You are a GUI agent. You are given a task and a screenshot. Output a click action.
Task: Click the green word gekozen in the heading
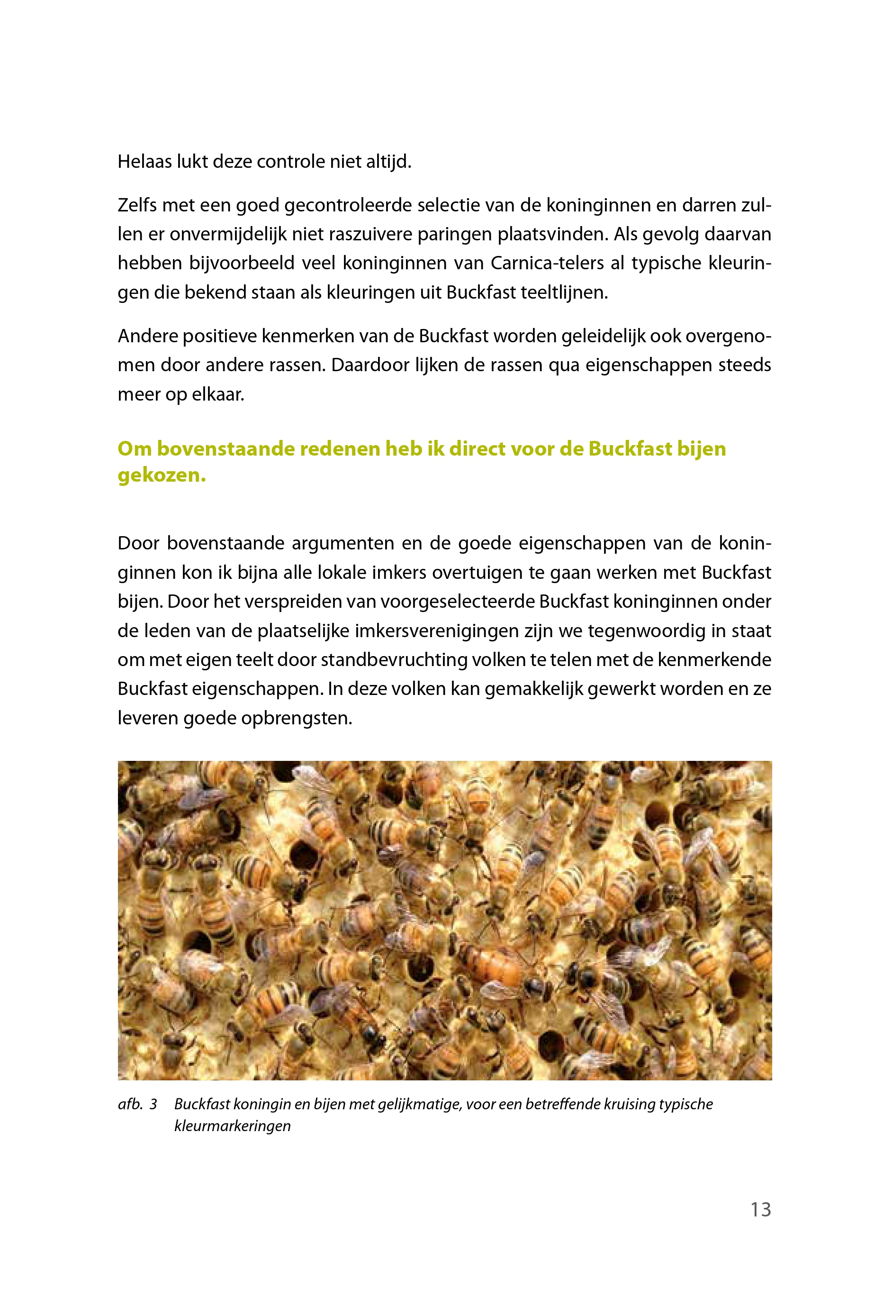click(x=161, y=475)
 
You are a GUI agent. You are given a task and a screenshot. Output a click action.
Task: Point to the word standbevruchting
click(x=395, y=660)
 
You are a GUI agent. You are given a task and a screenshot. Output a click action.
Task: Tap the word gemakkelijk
click(x=533, y=689)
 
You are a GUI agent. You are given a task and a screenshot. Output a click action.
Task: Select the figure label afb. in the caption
click(x=130, y=1104)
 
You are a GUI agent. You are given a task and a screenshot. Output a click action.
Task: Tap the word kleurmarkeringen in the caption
click(x=232, y=1126)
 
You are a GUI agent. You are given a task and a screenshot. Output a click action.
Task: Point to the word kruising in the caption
click(x=629, y=1104)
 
